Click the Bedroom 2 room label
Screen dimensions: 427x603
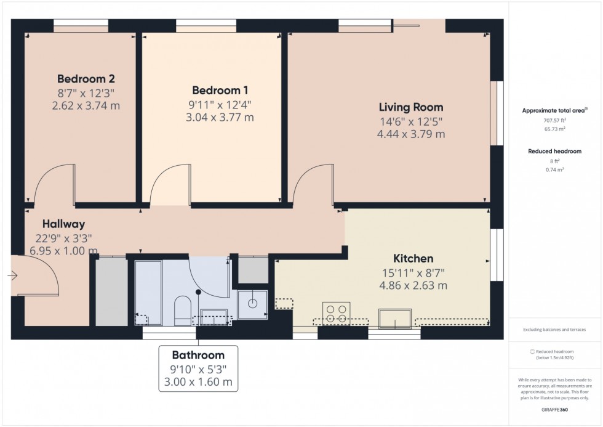pos(86,79)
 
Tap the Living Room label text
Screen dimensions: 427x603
pos(410,107)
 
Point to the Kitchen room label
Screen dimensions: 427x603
pos(413,259)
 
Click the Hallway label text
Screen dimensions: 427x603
pos(63,224)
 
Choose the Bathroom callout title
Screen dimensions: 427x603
pos(198,355)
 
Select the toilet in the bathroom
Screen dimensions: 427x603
pos(183,311)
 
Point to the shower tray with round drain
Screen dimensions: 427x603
pos(252,304)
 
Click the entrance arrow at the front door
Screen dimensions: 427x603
pos(13,276)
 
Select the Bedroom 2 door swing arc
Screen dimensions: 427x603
pos(52,184)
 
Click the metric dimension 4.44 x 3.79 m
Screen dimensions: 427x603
pos(410,134)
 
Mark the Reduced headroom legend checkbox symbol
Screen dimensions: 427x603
pos(532,351)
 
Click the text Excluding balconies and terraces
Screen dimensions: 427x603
pos(555,330)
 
